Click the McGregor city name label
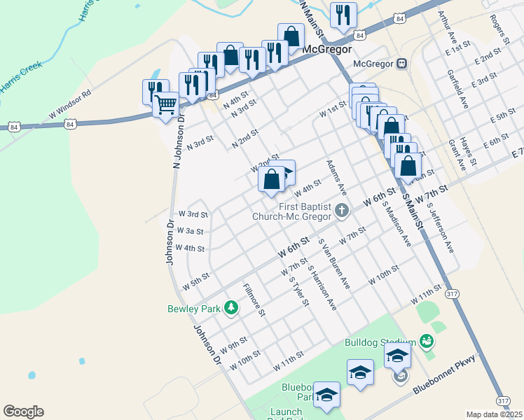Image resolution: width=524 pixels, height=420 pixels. (x=325, y=50)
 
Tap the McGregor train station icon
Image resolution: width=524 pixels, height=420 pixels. (x=401, y=64)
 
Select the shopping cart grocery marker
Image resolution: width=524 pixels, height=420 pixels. (x=165, y=106)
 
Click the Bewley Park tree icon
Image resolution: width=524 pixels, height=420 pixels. (x=230, y=307)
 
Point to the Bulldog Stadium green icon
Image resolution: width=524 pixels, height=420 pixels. (x=426, y=342)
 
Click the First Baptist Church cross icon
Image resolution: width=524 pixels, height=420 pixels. (x=341, y=210)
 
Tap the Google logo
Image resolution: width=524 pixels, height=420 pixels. (x=23, y=412)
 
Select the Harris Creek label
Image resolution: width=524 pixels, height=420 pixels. (x=21, y=76)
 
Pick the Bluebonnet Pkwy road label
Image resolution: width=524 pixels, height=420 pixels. (x=444, y=374)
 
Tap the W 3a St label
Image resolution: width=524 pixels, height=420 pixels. (x=191, y=230)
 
